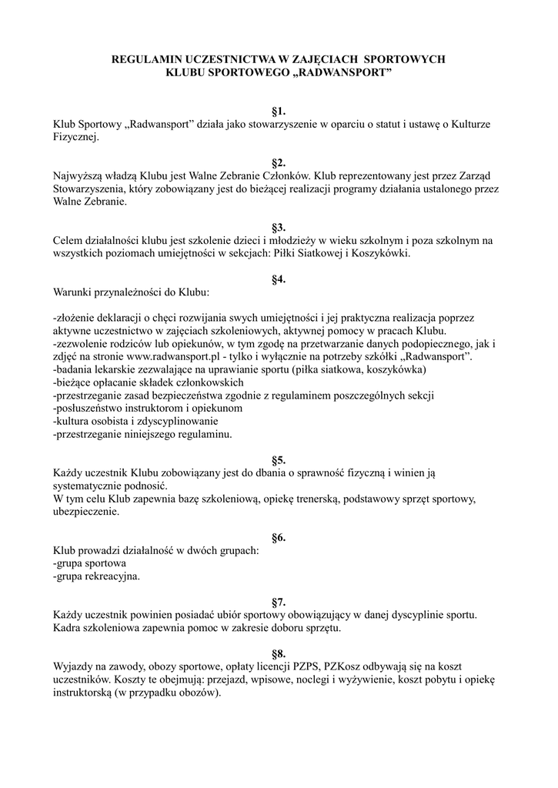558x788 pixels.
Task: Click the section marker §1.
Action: (279, 111)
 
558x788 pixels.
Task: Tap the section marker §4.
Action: (279, 279)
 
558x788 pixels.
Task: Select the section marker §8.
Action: (279, 653)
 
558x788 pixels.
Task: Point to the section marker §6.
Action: (279, 537)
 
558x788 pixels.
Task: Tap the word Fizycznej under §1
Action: (75, 137)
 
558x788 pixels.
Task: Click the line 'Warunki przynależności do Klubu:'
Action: (130, 292)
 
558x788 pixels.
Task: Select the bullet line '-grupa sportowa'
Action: (90, 563)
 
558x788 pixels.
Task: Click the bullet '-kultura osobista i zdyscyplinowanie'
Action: (135, 422)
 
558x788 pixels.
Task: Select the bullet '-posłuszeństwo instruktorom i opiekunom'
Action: (148, 409)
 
